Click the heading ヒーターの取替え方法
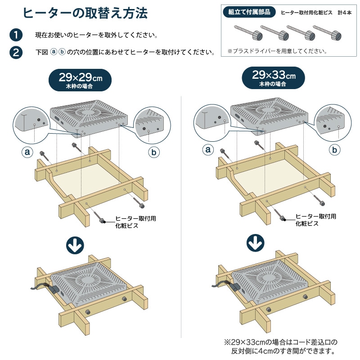[85, 13]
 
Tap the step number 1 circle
[16, 35]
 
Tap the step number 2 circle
[16, 52]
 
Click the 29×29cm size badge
[80, 80]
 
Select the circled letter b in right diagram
[334, 150]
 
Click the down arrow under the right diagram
[256, 243]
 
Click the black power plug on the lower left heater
[54, 289]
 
